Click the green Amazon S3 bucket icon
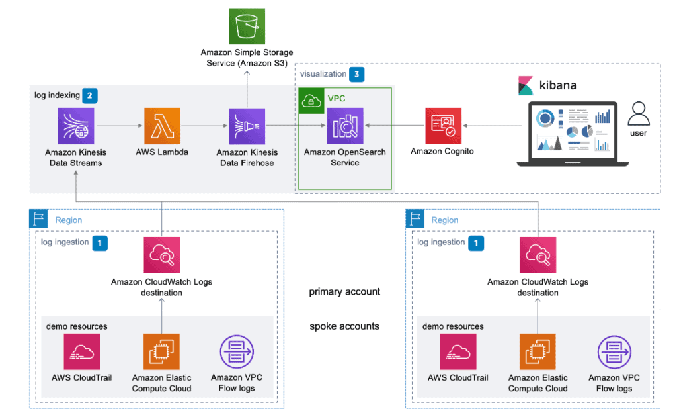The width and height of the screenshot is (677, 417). (247, 26)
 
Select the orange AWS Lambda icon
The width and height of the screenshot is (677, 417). (162, 126)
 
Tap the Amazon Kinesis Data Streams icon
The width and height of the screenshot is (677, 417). (76, 126)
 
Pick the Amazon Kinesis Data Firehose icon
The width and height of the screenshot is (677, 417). (246, 126)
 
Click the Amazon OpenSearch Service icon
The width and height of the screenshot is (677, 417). (344, 126)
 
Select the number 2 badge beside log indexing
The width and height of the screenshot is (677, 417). (91, 95)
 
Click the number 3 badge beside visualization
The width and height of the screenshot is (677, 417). (357, 74)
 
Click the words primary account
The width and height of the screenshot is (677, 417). (344, 291)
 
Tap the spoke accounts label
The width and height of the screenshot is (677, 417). (344, 326)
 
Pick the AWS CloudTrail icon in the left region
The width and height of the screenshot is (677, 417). (81, 351)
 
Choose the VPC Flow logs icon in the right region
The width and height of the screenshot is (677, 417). (614, 351)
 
